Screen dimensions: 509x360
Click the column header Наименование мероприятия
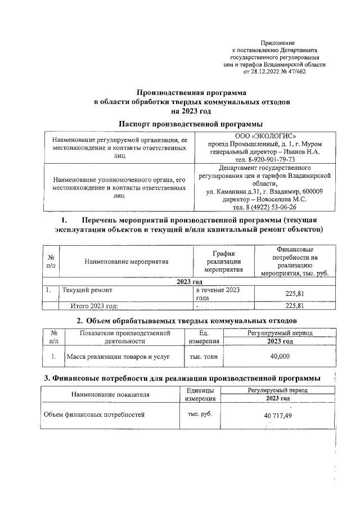127,262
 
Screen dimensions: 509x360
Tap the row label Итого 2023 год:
93,306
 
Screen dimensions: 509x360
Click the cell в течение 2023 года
217,294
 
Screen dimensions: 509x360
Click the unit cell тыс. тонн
204,357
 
